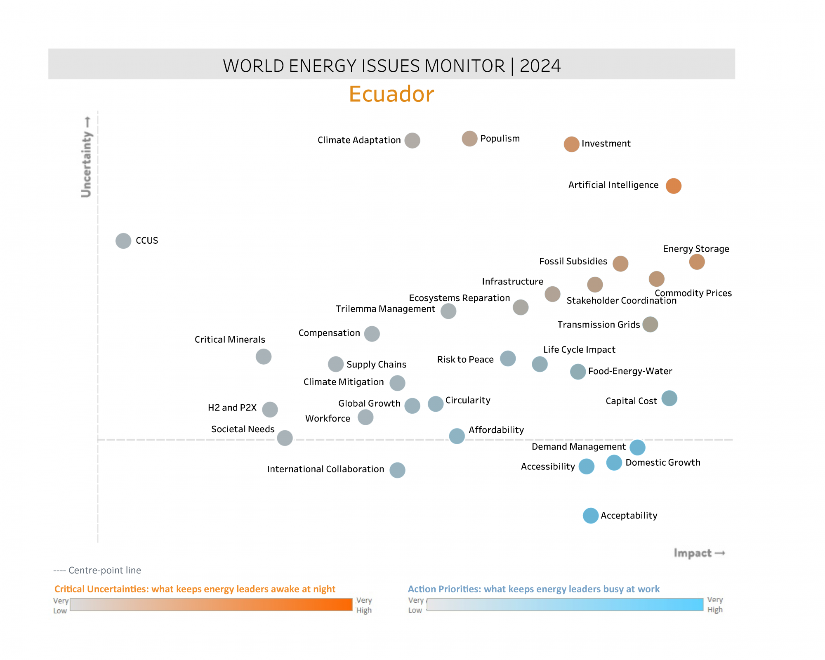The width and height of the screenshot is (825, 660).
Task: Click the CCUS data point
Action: (123, 241)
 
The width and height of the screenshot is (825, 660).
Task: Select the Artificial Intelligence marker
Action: (673, 186)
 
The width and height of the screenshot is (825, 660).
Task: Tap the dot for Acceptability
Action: (590, 516)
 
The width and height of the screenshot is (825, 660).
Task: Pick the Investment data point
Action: (571, 144)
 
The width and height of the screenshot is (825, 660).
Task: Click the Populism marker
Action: (469, 139)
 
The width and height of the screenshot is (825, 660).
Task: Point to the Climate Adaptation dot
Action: (412, 141)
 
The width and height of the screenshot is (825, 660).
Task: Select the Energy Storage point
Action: (697, 262)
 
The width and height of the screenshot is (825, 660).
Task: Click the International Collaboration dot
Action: (397, 470)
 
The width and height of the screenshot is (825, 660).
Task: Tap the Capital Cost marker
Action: (669, 398)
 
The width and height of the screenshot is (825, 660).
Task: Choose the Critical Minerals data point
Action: (264, 356)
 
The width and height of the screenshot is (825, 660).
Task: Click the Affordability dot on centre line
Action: (457, 436)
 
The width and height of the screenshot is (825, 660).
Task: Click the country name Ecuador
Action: (391, 94)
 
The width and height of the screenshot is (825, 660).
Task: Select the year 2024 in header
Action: (540, 66)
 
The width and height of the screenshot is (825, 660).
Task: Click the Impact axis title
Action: (693, 553)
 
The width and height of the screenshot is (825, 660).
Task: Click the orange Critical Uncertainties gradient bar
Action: (211, 605)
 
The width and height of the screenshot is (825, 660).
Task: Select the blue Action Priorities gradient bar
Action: (565, 605)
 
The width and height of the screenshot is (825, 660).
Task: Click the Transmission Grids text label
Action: (598, 325)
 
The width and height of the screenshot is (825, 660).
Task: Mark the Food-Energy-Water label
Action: (630, 371)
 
